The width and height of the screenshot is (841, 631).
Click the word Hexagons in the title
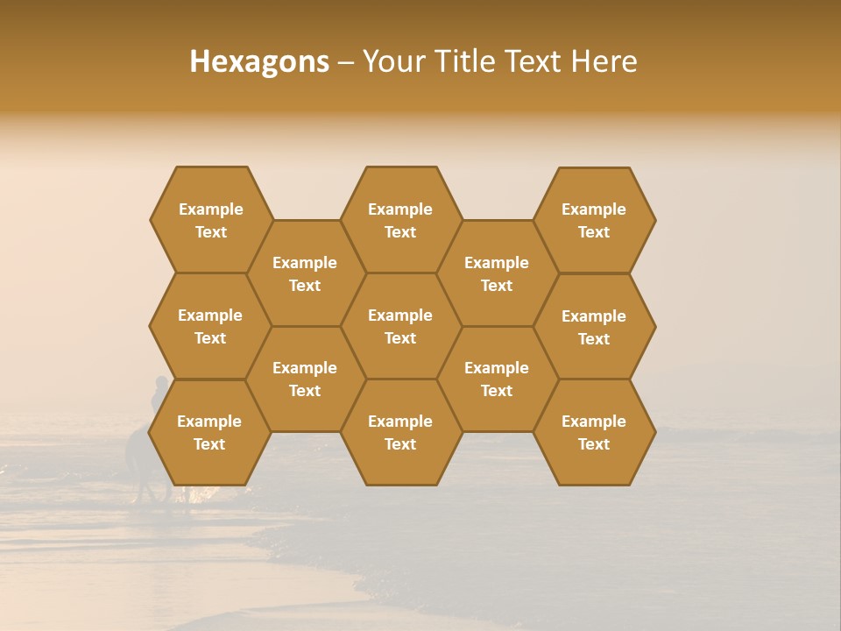click(259, 61)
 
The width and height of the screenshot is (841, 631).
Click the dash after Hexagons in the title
click(346, 61)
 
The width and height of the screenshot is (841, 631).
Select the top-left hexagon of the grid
click(211, 220)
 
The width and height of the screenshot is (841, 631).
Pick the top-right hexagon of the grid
click(594, 220)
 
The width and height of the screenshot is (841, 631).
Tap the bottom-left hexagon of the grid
click(209, 432)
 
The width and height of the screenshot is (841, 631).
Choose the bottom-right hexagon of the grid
click(594, 432)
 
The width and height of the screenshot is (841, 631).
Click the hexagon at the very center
click(400, 326)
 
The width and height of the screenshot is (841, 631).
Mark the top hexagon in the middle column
click(400, 220)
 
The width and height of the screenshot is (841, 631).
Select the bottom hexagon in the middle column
click(400, 432)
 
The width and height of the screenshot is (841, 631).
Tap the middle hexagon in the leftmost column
click(210, 326)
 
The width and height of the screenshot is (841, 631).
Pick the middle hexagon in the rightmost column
click(594, 327)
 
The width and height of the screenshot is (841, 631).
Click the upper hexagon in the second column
click(305, 273)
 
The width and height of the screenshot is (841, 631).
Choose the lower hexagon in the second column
click(305, 379)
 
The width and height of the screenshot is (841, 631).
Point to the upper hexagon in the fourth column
click(497, 273)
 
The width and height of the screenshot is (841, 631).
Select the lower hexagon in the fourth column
click(497, 379)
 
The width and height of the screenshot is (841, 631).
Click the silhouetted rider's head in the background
click(161, 383)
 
